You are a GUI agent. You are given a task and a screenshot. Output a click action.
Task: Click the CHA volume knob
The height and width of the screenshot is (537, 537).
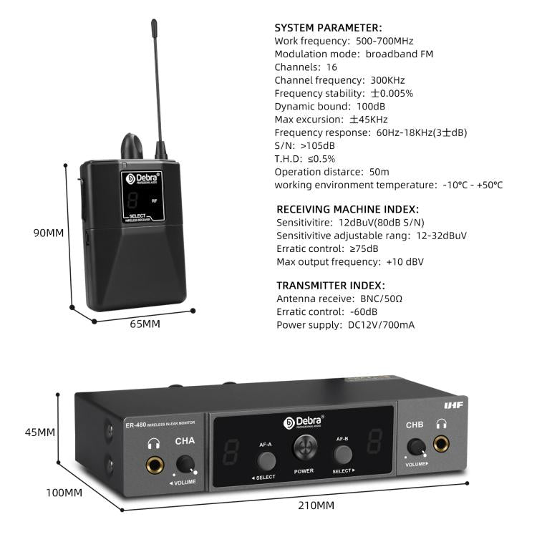click(x=186, y=464)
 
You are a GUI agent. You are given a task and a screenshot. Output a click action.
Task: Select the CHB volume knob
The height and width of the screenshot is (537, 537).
click(x=415, y=447)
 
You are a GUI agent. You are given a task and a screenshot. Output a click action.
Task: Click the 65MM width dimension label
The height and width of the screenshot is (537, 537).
click(x=145, y=324)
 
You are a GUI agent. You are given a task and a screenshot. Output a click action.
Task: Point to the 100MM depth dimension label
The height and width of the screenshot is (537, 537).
click(x=65, y=492)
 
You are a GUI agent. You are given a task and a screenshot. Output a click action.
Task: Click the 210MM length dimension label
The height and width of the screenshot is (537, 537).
click(x=316, y=505)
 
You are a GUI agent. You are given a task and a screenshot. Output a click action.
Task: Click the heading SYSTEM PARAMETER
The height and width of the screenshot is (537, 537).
click(x=328, y=27)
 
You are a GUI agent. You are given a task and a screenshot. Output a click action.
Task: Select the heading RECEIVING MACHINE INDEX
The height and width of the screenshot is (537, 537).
click(x=347, y=210)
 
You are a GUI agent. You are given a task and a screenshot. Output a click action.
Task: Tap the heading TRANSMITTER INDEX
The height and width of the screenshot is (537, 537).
click(x=330, y=285)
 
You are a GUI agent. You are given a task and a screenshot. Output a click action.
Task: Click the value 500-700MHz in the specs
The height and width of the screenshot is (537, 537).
click(x=384, y=41)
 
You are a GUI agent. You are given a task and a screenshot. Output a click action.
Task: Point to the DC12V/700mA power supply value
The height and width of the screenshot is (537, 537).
click(x=381, y=325)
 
